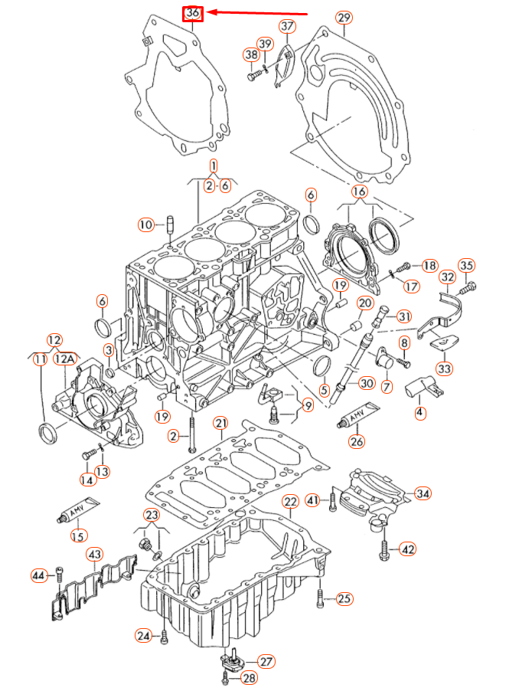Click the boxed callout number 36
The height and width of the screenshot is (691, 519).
[192, 13]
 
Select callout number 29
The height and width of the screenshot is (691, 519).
[344, 18]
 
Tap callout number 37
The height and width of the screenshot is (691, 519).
[287, 26]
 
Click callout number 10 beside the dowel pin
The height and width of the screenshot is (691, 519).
[145, 224]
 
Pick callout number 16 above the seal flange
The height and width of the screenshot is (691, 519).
[359, 191]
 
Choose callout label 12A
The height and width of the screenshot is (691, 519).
[64, 358]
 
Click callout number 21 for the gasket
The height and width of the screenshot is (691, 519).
[220, 423]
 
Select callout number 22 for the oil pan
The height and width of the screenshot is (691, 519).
[290, 502]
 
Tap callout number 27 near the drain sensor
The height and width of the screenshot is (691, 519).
[266, 661]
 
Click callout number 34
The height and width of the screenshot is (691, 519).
[423, 493]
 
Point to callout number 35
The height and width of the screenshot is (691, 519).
[467, 266]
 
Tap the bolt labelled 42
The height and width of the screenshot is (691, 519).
[384, 548]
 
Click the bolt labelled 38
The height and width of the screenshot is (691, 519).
[254, 75]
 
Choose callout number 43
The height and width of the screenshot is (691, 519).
[94, 553]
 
